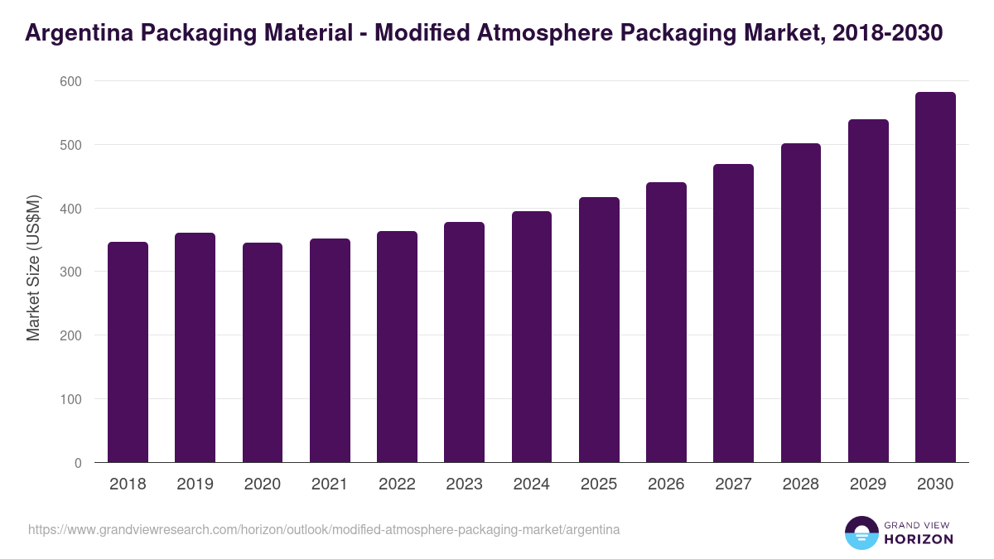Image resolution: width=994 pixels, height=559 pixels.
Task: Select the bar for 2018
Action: (x=128, y=352)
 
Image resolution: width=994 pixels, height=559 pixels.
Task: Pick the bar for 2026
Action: (x=666, y=322)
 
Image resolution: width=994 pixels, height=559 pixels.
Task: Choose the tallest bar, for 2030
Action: (x=935, y=277)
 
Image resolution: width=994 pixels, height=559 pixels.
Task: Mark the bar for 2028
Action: (x=801, y=303)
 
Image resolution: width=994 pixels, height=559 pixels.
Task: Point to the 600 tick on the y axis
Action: (x=70, y=81)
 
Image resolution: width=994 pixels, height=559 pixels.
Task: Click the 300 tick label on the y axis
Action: (x=70, y=272)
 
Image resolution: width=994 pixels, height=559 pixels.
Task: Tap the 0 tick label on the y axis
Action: (x=78, y=463)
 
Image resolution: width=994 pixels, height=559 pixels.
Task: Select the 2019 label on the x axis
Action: (x=195, y=484)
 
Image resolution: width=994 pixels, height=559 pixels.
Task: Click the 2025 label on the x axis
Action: (x=599, y=484)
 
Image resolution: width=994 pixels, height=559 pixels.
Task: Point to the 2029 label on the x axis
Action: (x=868, y=484)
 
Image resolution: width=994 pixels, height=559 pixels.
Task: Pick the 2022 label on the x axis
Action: (x=397, y=484)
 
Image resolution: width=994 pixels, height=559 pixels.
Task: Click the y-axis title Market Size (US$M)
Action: (x=33, y=268)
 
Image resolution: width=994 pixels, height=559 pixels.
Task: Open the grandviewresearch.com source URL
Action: (x=324, y=529)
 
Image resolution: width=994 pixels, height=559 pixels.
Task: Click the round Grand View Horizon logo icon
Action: (x=861, y=532)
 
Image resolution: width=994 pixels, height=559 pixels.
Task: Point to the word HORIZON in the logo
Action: (x=918, y=539)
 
